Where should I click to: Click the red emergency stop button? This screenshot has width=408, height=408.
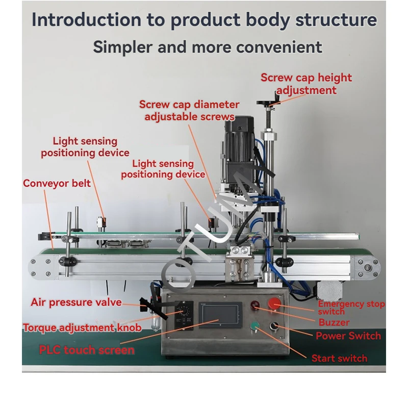(274, 304)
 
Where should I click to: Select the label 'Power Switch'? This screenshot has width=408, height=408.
(348, 336)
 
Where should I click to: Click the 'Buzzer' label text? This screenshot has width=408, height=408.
(334, 322)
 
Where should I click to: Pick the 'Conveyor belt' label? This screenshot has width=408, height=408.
(57, 183)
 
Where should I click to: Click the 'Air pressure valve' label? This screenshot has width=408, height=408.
(76, 302)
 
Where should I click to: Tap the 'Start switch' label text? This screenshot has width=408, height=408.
(339, 358)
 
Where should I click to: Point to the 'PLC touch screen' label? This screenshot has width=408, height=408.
(87, 350)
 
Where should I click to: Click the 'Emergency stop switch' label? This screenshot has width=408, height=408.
(351, 308)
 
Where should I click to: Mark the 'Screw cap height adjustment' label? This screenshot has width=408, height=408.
(306, 84)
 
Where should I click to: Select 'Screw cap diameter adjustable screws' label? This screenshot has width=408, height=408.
(189, 111)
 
